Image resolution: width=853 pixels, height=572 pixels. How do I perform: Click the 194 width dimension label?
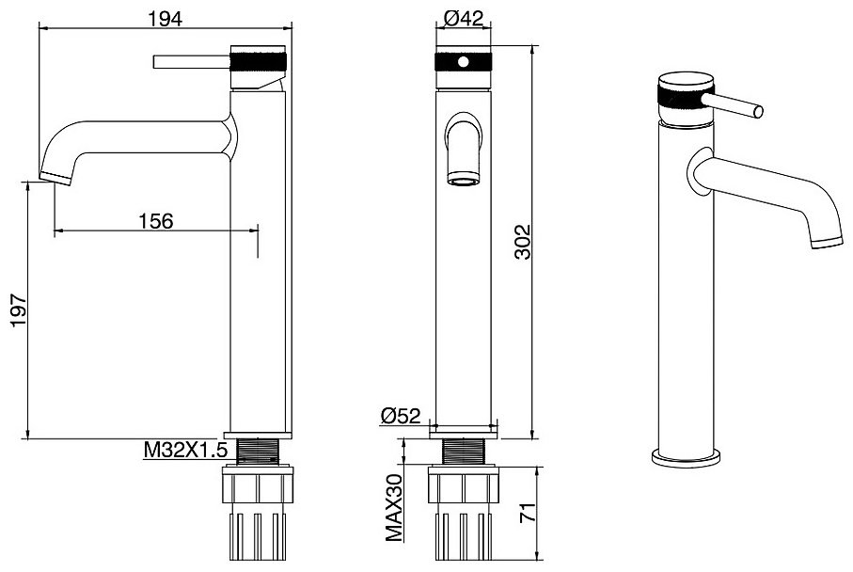[x=166, y=19]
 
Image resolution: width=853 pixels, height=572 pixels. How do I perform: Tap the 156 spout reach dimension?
[x=155, y=221]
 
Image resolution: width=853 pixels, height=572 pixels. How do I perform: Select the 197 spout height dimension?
[x=19, y=310]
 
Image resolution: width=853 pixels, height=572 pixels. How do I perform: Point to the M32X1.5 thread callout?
[x=184, y=450]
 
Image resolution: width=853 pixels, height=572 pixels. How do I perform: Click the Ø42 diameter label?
[x=464, y=19]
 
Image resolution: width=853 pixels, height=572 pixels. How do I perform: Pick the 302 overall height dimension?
[x=522, y=242]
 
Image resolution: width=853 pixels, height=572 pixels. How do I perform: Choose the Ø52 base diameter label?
[x=401, y=417]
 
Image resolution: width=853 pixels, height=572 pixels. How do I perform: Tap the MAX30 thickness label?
[x=394, y=507]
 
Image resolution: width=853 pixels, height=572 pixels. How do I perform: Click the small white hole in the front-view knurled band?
[x=463, y=62]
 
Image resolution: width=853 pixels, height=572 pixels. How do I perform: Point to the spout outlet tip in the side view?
[x=55, y=179]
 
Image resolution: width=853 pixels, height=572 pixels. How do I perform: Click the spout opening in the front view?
[x=463, y=180]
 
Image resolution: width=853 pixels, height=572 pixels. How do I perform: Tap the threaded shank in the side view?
[x=259, y=452]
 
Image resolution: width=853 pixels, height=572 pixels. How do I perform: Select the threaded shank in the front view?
[x=464, y=452]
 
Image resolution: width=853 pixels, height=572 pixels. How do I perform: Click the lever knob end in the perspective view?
[x=758, y=112]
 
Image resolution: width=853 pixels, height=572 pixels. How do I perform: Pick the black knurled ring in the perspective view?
[x=680, y=96]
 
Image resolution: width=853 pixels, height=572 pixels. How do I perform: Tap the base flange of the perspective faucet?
[x=687, y=458]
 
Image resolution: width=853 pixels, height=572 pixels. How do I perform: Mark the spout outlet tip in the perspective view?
[x=828, y=243]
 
